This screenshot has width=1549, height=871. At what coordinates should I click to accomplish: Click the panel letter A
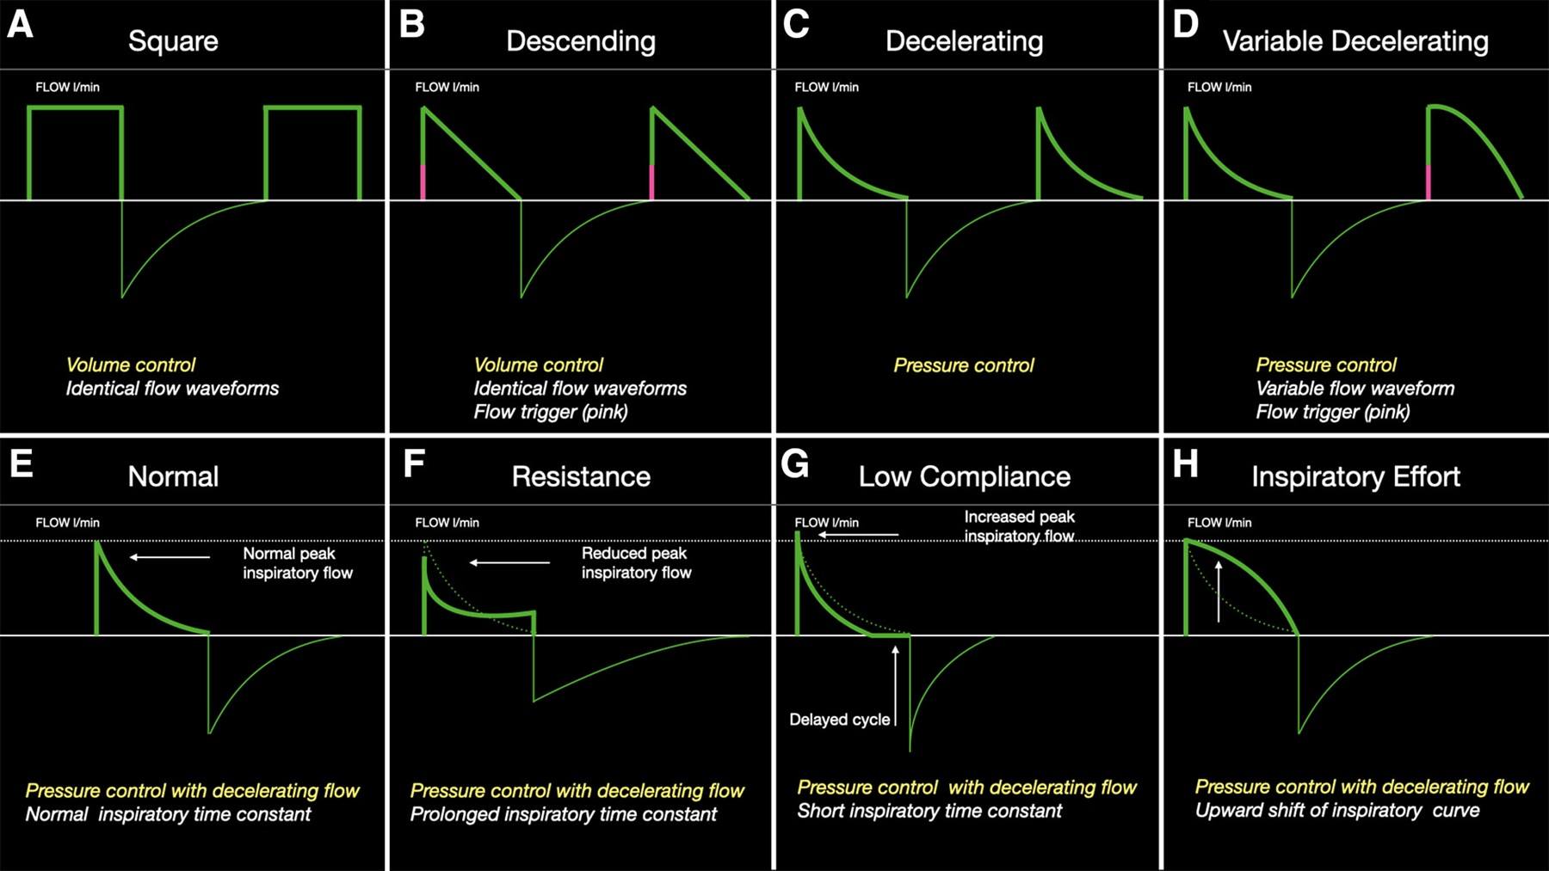click(x=20, y=24)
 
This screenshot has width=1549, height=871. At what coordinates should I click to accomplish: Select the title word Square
click(x=173, y=41)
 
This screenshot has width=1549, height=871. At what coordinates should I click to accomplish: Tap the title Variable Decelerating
click(x=1355, y=41)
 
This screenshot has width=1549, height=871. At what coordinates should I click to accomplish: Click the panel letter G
click(x=795, y=464)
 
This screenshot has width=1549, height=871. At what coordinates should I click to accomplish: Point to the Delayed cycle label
click(x=840, y=720)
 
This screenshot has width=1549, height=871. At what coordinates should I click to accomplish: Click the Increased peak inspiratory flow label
click(x=1020, y=526)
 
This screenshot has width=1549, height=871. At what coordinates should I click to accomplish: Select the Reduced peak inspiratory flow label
click(x=637, y=563)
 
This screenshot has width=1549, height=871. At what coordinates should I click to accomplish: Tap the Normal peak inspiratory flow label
click(x=298, y=563)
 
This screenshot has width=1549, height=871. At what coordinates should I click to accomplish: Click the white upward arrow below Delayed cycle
click(x=896, y=685)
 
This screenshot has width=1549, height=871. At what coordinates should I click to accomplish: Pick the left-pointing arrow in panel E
click(x=170, y=557)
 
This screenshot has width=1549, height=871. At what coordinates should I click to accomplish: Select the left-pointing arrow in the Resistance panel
click(x=509, y=563)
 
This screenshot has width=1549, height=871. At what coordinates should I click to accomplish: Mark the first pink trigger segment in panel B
click(x=423, y=182)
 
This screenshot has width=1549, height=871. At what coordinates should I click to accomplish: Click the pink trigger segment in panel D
click(x=1429, y=182)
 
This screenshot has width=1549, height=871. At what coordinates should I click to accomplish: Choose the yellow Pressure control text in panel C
click(x=964, y=365)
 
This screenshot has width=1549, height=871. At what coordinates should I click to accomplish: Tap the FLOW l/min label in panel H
click(x=1219, y=523)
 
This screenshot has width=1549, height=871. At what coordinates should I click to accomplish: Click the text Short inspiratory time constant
click(x=929, y=811)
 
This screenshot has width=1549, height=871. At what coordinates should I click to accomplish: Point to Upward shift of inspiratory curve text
click(x=1337, y=811)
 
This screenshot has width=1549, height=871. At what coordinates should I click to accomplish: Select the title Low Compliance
click(x=965, y=477)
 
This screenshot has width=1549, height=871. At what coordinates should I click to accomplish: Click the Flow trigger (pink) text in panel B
click(x=551, y=412)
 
